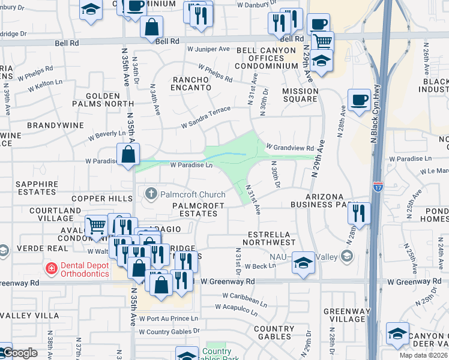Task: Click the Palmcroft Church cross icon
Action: pyautogui.click(x=150, y=194)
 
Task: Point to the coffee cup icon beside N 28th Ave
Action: pyautogui.click(x=360, y=100)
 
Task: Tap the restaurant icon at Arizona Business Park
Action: pyautogui.click(x=359, y=214)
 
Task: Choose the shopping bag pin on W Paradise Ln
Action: pyautogui.click(x=128, y=155)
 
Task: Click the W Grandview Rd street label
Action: pyautogui.click(x=290, y=148)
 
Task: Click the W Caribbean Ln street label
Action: pyautogui.click(x=244, y=299)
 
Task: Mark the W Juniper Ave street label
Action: pyautogui.click(x=208, y=49)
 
